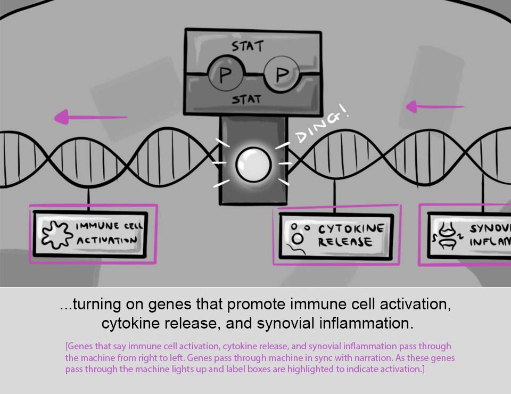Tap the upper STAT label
tap(247, 46)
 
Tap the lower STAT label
tap(246, 100)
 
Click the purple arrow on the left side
tap(90, 117)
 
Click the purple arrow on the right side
tap(434, 106)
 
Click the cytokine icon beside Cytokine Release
tap(299, 236)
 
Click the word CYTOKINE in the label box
tap(351, 229)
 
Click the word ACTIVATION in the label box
tap(106, 241)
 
